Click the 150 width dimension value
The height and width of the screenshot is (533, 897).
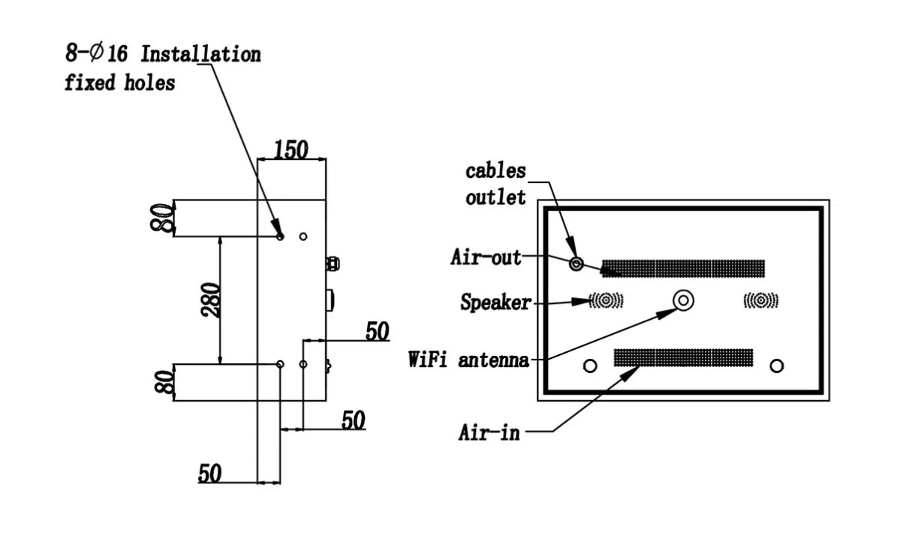coord(290,150)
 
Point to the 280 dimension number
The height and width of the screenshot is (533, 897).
coord(211,300)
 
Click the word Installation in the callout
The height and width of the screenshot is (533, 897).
coord(201,54)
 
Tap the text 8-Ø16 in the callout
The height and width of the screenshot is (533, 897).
coord(96,53)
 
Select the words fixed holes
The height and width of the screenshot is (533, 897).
coord(119,83)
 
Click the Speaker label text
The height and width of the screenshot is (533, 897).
coord(496,302)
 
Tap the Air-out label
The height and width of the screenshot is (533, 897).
coord(486,257)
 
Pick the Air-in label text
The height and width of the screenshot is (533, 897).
coord(489,432)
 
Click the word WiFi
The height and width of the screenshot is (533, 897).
coord(427,359)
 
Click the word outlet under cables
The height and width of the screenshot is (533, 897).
coord(495,197)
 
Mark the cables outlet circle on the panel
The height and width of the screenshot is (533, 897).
coord(576,263)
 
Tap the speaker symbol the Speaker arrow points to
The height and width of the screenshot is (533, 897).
coord(607,300)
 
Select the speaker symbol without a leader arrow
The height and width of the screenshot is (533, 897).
coord(761,300)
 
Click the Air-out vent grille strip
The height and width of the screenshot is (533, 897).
coord(683,268)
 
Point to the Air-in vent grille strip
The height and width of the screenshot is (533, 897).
coord(684,357)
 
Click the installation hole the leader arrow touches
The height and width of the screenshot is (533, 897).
coord(280,236)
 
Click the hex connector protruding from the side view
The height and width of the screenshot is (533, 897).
coord(333,263)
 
